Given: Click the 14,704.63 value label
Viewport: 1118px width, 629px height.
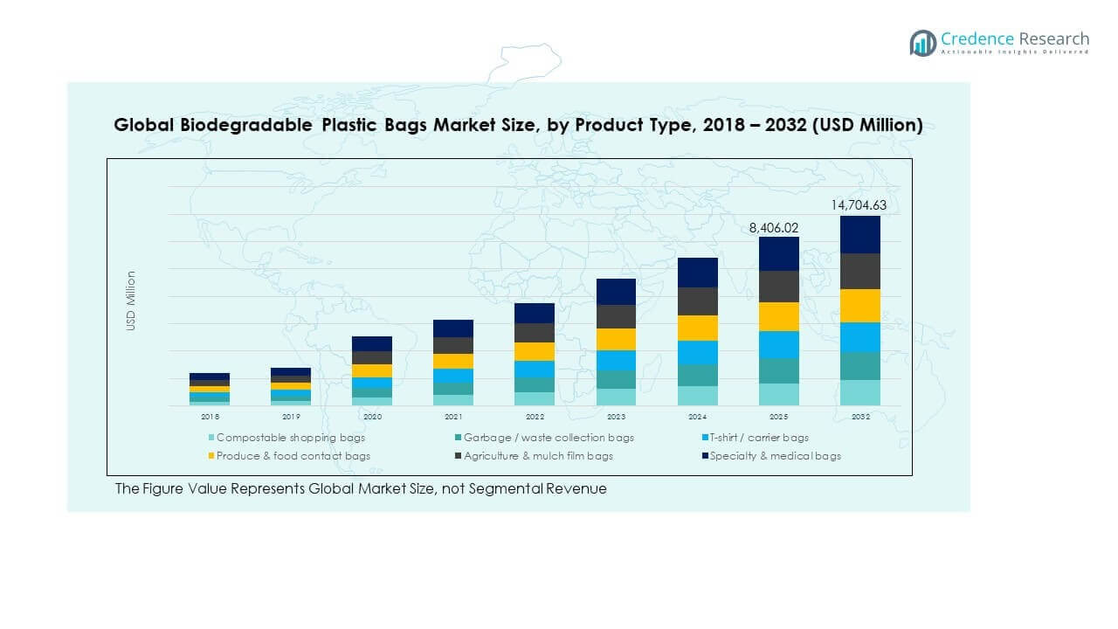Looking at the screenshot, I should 859,206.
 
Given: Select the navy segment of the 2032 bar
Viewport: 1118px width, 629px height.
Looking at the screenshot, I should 859,234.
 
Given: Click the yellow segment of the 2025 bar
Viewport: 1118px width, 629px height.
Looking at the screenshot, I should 778,316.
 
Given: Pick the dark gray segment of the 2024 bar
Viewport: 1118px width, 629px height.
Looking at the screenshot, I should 697,301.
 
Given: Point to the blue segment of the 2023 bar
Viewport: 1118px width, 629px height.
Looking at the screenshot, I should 616,360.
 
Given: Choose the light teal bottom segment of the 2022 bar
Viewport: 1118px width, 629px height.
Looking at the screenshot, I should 535,398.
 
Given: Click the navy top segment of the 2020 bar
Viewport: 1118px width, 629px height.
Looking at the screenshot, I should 372,343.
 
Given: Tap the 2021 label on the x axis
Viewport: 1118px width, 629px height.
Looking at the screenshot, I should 453,418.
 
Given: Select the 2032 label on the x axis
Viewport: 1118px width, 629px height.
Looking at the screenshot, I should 859,418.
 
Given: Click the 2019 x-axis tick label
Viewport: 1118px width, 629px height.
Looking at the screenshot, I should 291,418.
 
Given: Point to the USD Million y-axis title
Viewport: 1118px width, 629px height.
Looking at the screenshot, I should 131,301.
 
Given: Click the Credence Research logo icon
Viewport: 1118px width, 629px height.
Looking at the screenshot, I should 922,43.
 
